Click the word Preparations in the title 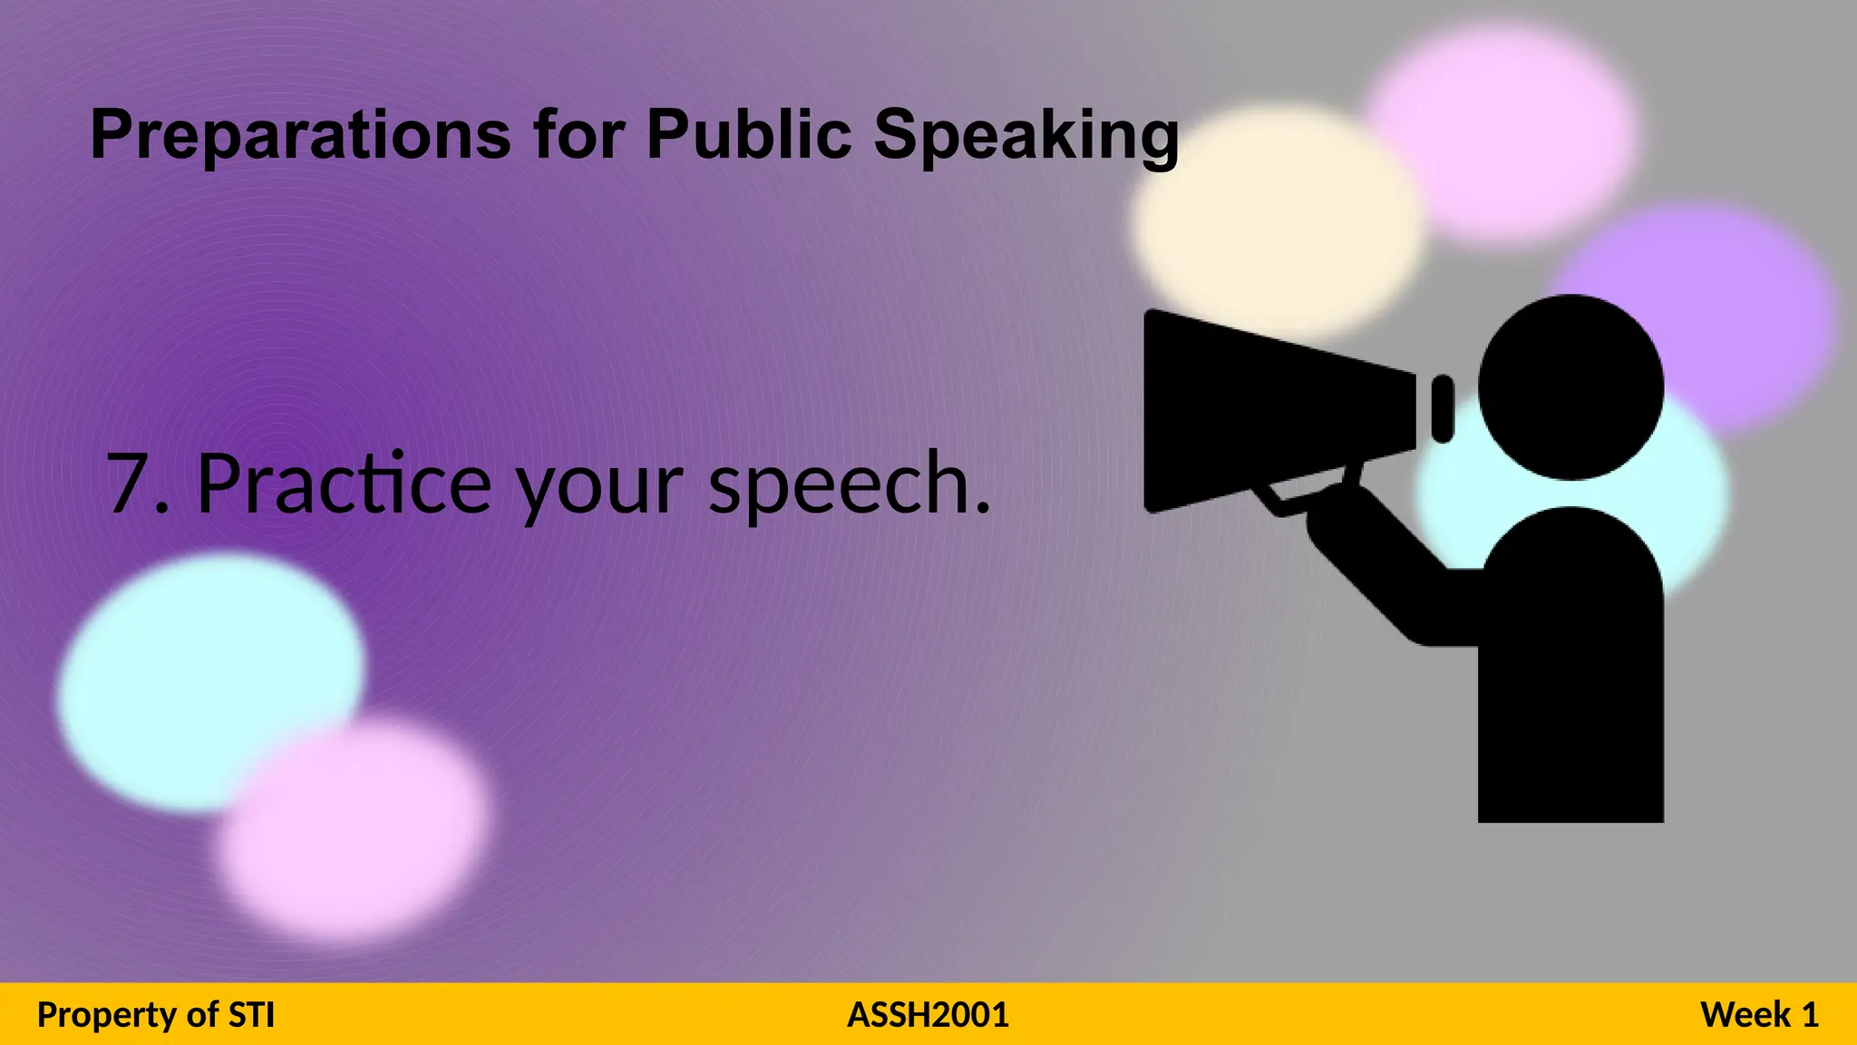300,135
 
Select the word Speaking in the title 1026,135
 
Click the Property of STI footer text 156,1014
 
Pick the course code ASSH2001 928,1014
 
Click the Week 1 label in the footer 1759,1014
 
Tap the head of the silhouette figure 1570,387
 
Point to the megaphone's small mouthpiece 1443,409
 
